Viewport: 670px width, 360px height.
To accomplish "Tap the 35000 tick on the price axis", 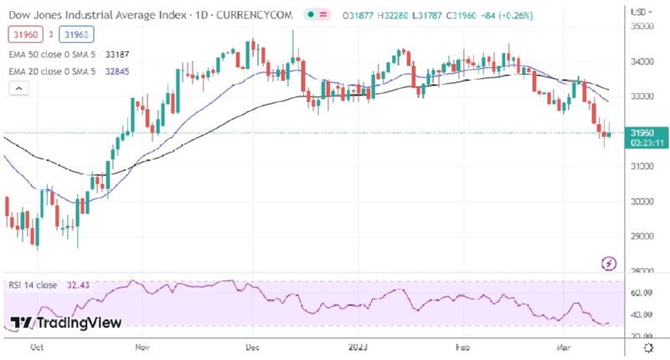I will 642,27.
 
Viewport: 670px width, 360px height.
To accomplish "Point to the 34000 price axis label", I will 642,62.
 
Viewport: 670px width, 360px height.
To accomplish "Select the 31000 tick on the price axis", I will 642,167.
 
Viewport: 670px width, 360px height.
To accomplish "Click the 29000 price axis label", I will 642,236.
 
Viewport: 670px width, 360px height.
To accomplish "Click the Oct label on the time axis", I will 36,346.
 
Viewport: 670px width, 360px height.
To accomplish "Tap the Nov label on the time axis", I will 142,346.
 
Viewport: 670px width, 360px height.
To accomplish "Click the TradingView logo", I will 66,323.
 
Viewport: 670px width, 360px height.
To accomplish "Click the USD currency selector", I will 642,13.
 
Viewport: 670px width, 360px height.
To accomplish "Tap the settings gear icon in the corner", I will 647,346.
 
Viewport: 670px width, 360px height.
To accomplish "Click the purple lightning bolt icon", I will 611,265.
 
